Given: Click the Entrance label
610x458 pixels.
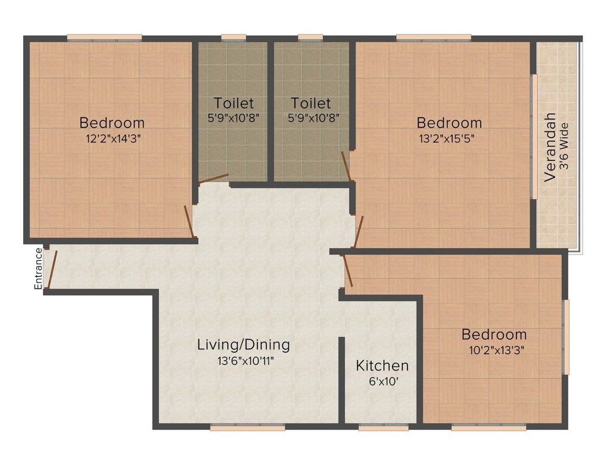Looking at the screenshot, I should (39, 268).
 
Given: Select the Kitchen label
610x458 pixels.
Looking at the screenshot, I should (382, 366).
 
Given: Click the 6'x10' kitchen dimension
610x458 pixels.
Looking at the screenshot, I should (382, 380).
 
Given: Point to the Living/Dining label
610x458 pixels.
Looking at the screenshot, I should (244, 345).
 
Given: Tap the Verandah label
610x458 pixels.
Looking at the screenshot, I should (550, 147).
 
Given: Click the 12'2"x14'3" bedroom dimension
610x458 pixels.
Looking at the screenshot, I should (112, 138).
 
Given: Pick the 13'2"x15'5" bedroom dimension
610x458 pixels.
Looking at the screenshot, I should (449, 138).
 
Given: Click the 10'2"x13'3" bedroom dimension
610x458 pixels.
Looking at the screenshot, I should (494, 349).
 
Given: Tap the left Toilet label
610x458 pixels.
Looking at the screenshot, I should (234, 103).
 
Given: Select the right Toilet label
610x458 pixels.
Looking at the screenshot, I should (311, 103).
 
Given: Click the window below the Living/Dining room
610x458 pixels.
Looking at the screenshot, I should (247, 427).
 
